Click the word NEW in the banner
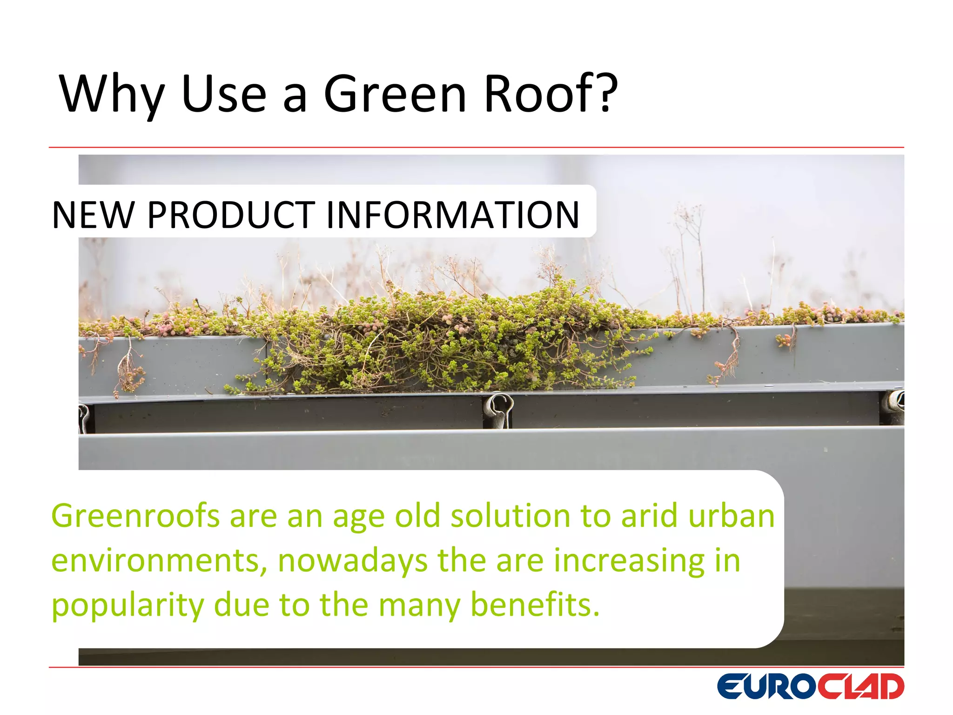[x=93, y=215]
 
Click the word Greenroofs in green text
[x=135, y=517]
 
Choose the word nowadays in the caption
[x=352, y=561]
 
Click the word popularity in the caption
[x=127, y=605]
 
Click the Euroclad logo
[x=810, y=687]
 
